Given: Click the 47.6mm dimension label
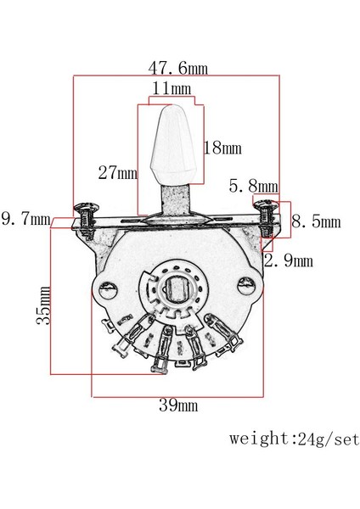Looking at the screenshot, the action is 177,68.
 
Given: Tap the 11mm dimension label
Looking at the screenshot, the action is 172,88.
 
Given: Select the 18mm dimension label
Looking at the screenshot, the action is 223,148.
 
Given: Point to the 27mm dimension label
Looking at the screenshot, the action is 118,172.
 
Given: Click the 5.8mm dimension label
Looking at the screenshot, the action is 253,186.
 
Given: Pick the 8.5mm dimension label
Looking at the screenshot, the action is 316,221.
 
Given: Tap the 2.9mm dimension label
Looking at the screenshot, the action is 289,260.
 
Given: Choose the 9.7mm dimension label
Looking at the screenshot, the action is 26,219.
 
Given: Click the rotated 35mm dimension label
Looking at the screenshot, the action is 43,305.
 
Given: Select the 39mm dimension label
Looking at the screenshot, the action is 178,406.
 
